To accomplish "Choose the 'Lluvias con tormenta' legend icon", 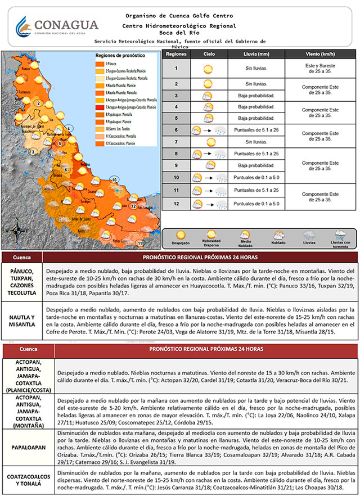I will tap(340, 235).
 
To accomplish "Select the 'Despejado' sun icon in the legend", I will tap(181, 235).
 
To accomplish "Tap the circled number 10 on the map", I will tap(114, 179).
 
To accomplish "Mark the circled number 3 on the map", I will tap(33, 151).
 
